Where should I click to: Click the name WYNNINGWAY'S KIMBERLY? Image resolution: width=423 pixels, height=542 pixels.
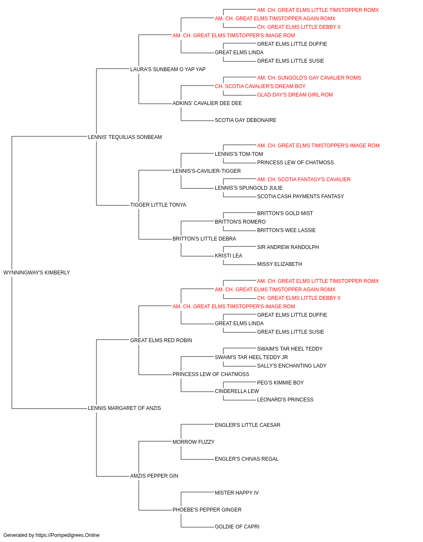coord(37,273)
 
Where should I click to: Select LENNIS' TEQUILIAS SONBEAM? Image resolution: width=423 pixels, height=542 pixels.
coord(125,137)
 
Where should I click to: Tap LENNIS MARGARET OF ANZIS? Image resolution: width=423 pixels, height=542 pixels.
coord(124,408)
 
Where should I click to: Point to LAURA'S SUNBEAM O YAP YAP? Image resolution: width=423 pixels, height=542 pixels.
coord(168,69)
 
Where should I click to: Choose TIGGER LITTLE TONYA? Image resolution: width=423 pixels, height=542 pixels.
coord(158,205)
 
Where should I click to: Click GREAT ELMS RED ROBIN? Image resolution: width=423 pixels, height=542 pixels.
coord(161,340)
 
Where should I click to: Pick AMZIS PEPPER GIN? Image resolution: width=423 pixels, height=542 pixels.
coord(154,476)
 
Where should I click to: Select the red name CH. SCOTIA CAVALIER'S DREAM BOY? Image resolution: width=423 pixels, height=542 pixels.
coord(260,86)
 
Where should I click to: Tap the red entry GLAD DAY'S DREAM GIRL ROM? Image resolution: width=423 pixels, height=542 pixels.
coord(295,95)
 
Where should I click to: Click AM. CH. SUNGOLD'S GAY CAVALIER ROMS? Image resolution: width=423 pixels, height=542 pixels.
coord(309,78)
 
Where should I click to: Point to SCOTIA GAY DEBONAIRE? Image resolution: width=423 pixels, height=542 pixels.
coord(246,120)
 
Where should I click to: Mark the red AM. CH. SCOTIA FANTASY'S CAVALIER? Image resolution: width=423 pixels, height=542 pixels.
coord(304,180)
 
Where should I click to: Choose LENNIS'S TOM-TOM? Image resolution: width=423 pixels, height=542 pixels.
coord(239,154)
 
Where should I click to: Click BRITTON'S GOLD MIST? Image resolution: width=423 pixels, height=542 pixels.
coord(285,213)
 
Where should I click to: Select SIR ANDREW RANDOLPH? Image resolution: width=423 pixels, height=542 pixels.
coord(288,247)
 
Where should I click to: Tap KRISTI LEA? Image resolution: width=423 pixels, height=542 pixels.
coord(228,256)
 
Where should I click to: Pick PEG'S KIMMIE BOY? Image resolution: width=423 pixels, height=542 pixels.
coord(280,383)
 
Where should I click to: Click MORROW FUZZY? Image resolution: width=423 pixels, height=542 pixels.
coord(194,442)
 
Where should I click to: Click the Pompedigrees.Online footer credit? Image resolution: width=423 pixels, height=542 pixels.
coord(51,535)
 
